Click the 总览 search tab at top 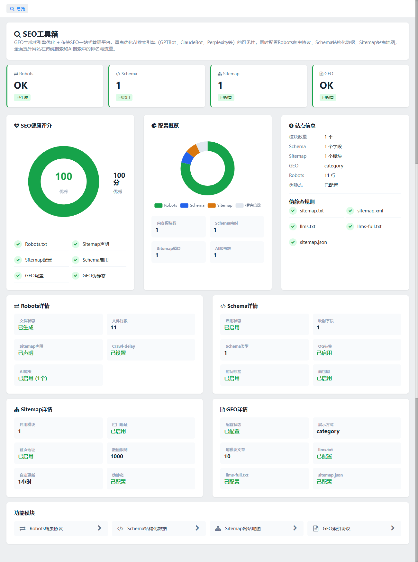pos(17,9)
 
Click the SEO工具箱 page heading pos(36,34)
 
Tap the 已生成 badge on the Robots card pos(22,97)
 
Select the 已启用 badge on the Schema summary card pos(124,97)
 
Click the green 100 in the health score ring pos(64,176)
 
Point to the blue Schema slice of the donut pos(187,158)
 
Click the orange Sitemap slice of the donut pos(194,150)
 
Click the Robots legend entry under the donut pos(166,205)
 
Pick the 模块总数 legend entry pos(248,205)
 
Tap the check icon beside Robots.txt pos(18,244)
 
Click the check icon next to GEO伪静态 pos(76,276)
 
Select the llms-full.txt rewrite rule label pos(369,227)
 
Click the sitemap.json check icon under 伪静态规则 pos(293,242)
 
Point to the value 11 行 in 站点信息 pos(330,175)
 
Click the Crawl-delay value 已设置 pos(118,353)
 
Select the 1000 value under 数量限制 pos(117,456)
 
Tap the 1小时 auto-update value pos(25,482)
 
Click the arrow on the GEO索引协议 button pos(393,528)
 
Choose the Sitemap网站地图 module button pos(257,529)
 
